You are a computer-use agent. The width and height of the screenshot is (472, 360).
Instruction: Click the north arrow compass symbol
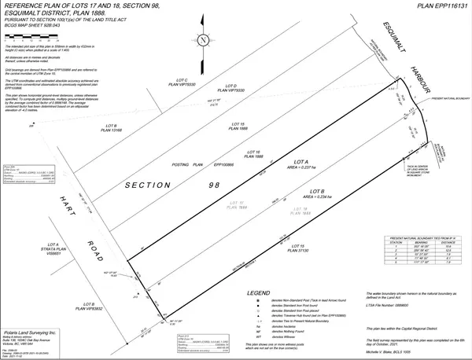coord(203,39)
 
